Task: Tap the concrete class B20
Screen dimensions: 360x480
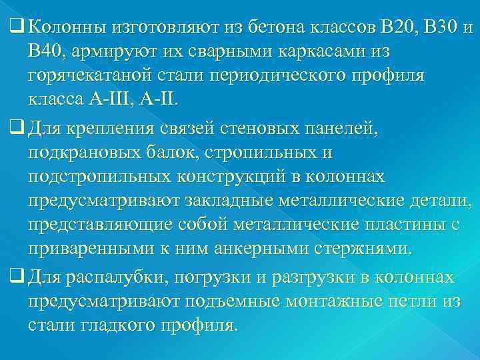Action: tap(395, 28)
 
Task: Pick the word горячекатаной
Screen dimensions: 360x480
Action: tap(91, 75)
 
